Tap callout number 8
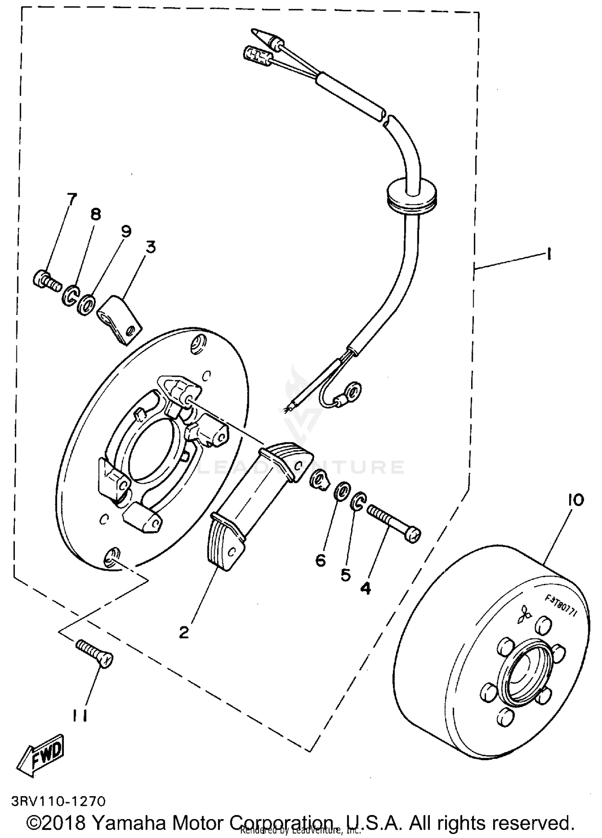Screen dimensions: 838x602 pyautogui.click(x=96, y=214)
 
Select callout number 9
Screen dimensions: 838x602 pyautogui.click(x=126, y=231)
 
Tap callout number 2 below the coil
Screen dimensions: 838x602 pyautogui.click(x=183, y=633)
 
